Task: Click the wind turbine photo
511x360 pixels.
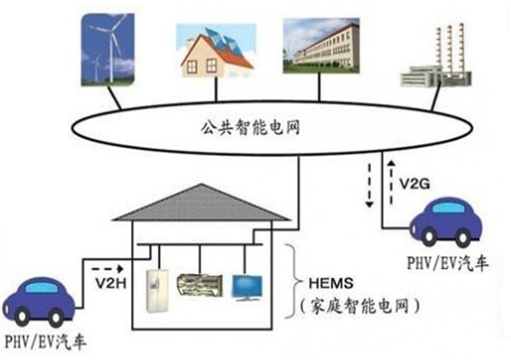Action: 107,50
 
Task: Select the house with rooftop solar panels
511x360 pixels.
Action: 216,51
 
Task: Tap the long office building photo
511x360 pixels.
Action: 321,46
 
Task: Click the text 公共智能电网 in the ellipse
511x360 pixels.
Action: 250,127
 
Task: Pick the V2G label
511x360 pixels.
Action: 414,184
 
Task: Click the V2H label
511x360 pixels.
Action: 110,282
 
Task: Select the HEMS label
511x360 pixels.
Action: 330,283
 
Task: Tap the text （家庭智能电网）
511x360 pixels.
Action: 359,306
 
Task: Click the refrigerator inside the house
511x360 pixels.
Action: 157,291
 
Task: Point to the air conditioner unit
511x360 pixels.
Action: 200,285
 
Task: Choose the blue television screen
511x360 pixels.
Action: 246,288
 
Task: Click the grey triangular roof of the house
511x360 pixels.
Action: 201,203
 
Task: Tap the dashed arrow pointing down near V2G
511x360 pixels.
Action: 369,185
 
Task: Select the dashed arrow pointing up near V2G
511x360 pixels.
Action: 391,181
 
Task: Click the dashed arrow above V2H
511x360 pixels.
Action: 107,269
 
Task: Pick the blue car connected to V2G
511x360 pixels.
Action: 446,221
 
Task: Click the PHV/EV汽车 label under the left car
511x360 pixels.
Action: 46,342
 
